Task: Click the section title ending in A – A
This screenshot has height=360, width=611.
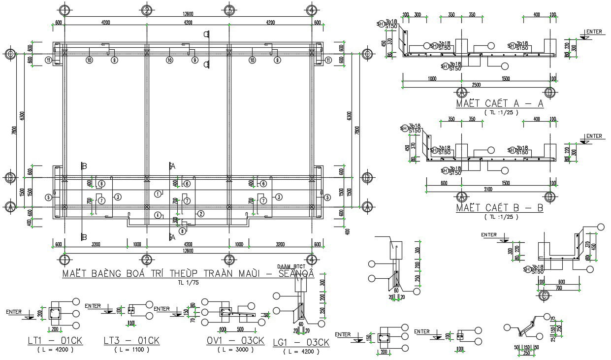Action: [x=499, y=103]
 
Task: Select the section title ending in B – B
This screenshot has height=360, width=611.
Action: [x=499, y=208]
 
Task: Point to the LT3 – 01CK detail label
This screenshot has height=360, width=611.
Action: [x=131, y=340]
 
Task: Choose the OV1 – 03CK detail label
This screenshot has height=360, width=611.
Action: [x=236, y=341]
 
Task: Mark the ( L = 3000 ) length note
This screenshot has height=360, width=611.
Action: [x=236, y=350]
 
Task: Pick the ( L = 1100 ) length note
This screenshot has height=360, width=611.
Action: [x=131, y=350]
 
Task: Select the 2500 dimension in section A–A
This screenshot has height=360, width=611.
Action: [x=476, y=85]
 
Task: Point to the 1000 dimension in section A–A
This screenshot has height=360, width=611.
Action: [x=432, y=79]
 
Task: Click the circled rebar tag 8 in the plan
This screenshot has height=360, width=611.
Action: [x=182, y=230]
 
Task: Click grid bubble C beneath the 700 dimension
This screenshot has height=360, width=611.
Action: [x=545, y=295]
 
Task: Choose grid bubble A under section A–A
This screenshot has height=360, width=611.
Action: [x=462, y=92]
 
